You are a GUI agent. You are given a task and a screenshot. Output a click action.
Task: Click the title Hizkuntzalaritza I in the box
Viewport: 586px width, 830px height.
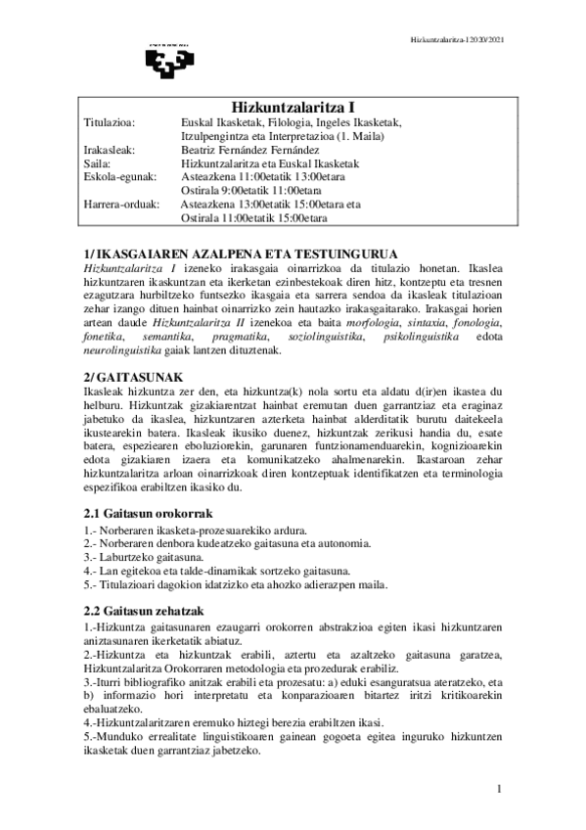point(292,107)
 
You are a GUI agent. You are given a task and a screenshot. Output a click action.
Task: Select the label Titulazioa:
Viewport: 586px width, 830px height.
point(109,122)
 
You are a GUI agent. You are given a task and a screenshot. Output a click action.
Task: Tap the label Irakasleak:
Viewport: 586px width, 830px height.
point(109,150)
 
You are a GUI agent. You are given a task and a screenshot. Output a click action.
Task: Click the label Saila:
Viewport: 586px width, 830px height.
point(98,163)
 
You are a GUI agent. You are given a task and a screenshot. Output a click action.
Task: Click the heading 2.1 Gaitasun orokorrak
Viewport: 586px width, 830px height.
point(148,513)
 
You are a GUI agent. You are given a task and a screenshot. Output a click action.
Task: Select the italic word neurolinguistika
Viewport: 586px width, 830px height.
point(121,349)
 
